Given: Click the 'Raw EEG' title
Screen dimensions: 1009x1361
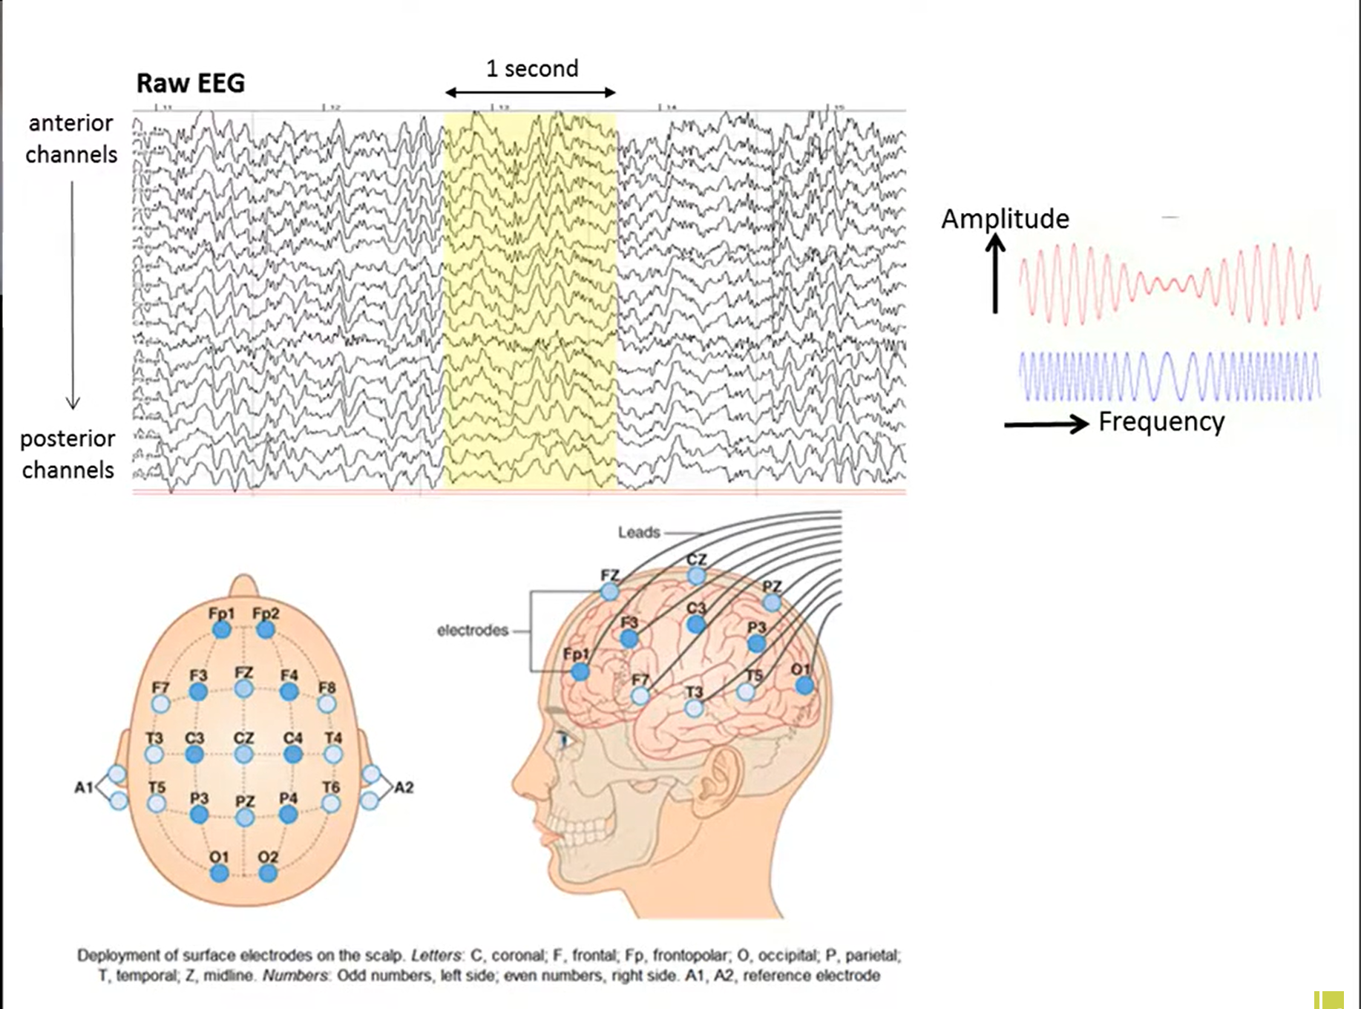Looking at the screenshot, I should (x=191, y=83).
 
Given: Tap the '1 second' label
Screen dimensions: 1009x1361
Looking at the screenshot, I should (x=531, y=69).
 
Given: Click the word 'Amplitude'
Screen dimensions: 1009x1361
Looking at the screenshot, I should (x=1005, y=219).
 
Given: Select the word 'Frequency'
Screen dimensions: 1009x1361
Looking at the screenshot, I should (x=1161, y=421).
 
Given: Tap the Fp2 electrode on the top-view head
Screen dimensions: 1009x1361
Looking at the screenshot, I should (x=266, y=630).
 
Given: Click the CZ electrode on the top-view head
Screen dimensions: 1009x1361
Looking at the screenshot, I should (x=243, y=755).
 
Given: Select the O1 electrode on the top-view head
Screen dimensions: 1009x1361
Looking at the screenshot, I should (x=219, y=873).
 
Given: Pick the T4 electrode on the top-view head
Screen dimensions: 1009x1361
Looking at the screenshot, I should (x=333, y=755).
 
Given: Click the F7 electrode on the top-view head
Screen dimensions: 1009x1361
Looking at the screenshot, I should (x=160, y=703).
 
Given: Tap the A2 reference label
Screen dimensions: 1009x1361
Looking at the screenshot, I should (x=404, y=787).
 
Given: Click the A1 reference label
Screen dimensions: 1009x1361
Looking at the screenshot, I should (x=83, y=787).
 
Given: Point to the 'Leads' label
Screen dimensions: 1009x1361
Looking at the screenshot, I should (x=638, y=533).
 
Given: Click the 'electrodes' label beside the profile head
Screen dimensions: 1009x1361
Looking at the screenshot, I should (x=473, y=631).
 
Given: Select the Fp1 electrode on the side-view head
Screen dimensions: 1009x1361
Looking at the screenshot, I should (x=580, y=672).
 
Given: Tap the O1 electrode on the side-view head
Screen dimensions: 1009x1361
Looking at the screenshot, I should (x=804, y=685).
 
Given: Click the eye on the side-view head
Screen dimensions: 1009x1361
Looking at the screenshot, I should (x=565, y=740).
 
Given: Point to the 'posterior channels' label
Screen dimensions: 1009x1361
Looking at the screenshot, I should (x=68, y=454).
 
